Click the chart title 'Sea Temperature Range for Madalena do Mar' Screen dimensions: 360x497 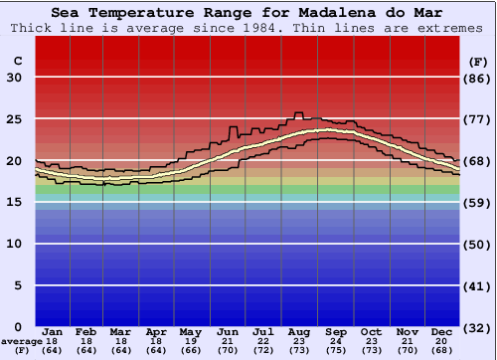[x=248, y=12]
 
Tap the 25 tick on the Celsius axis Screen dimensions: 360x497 [x=14, y=118]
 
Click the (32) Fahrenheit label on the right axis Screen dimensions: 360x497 [x=479, y=327]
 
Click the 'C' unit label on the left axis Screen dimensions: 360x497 [x=17, y=62]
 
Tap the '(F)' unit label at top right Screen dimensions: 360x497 [x=478, y=62]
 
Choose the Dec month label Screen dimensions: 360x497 [x=442, y=331]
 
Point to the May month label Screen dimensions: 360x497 [x=189, y=331]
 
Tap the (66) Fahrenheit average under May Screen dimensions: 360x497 [x=189, y=350]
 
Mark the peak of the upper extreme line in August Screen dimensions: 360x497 [x=297, y=112]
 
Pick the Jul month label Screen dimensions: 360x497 [x=262, y=331]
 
